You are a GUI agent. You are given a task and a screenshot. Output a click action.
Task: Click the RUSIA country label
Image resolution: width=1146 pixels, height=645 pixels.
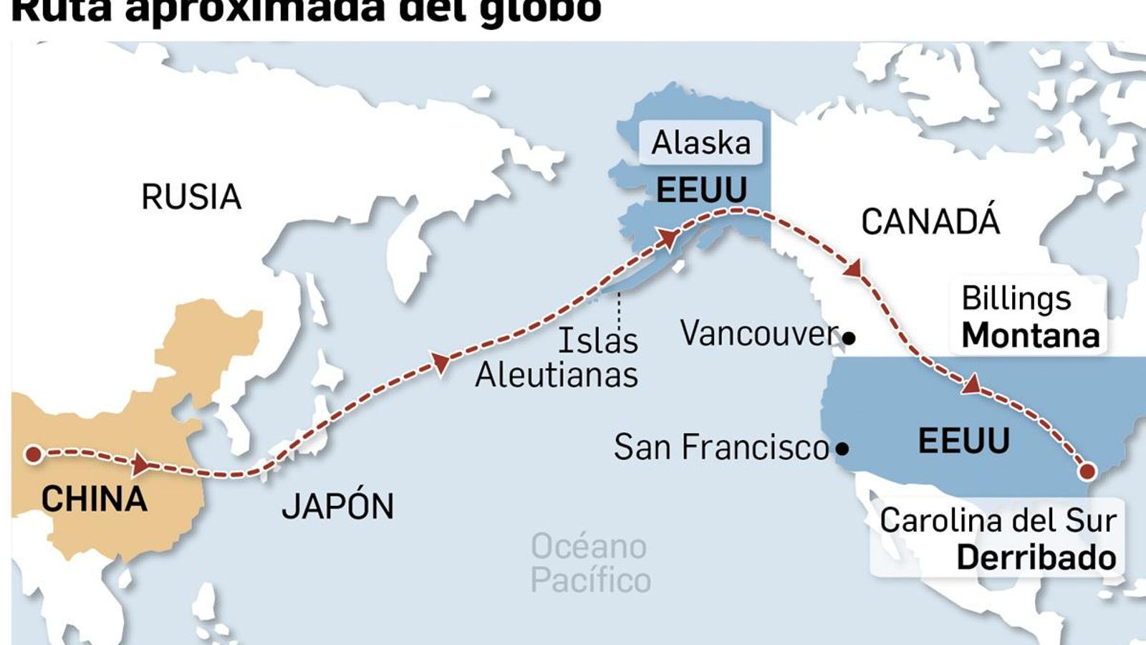click(191, 197)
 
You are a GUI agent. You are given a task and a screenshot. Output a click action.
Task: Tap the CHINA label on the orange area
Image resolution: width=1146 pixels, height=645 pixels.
click(94, 499)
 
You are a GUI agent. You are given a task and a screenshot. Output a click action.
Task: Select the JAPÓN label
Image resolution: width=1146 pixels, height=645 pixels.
click(337, 506)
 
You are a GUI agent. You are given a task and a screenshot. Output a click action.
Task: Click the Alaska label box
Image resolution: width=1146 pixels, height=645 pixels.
click(700, 143)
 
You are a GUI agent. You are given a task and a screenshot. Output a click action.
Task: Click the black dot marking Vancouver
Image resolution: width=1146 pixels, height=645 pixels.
click(849, 338)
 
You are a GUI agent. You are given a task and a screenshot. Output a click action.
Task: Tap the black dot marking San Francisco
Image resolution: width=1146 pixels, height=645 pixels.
click(842, 449)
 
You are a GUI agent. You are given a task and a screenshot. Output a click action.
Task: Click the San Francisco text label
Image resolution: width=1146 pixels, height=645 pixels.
click(721, 447)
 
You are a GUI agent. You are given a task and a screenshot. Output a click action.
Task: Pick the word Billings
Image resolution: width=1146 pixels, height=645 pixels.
click(1016, 298)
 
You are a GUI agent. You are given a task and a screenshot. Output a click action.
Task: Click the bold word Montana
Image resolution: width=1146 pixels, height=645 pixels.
click(1030, 335)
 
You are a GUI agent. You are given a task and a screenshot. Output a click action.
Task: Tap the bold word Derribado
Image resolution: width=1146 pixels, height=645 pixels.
click(1036, 558)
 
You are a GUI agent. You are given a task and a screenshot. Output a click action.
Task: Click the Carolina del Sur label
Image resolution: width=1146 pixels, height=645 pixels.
click(998, 520)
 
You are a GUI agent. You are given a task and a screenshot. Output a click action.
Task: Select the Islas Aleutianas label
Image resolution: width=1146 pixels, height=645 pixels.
click(557, 358)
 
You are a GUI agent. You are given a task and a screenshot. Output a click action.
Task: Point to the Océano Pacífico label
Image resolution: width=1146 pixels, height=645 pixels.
click(590, 563)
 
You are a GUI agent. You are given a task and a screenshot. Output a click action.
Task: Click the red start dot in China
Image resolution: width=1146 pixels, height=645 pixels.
click(33, 454)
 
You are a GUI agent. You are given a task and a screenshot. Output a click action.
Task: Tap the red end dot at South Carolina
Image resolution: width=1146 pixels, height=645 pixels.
click(1087, 471)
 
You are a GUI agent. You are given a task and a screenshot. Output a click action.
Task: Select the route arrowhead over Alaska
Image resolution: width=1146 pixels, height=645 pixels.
click(668, 239)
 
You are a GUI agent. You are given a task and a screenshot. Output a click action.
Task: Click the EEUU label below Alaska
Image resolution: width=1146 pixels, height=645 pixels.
click(701, 190)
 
